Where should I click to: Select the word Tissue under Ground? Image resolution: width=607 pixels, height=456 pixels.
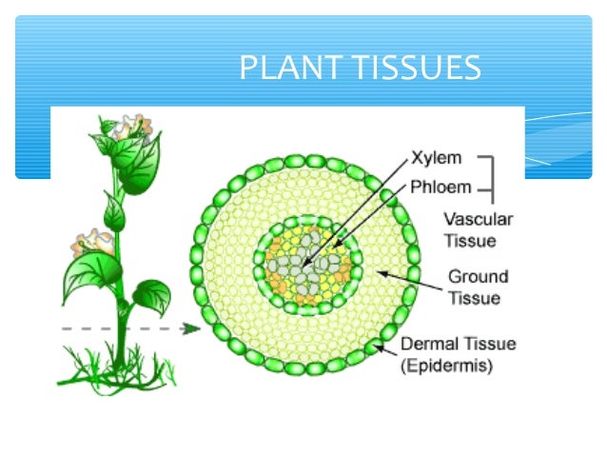(470, 298)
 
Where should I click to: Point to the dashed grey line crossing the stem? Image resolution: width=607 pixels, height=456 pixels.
(95, 329)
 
